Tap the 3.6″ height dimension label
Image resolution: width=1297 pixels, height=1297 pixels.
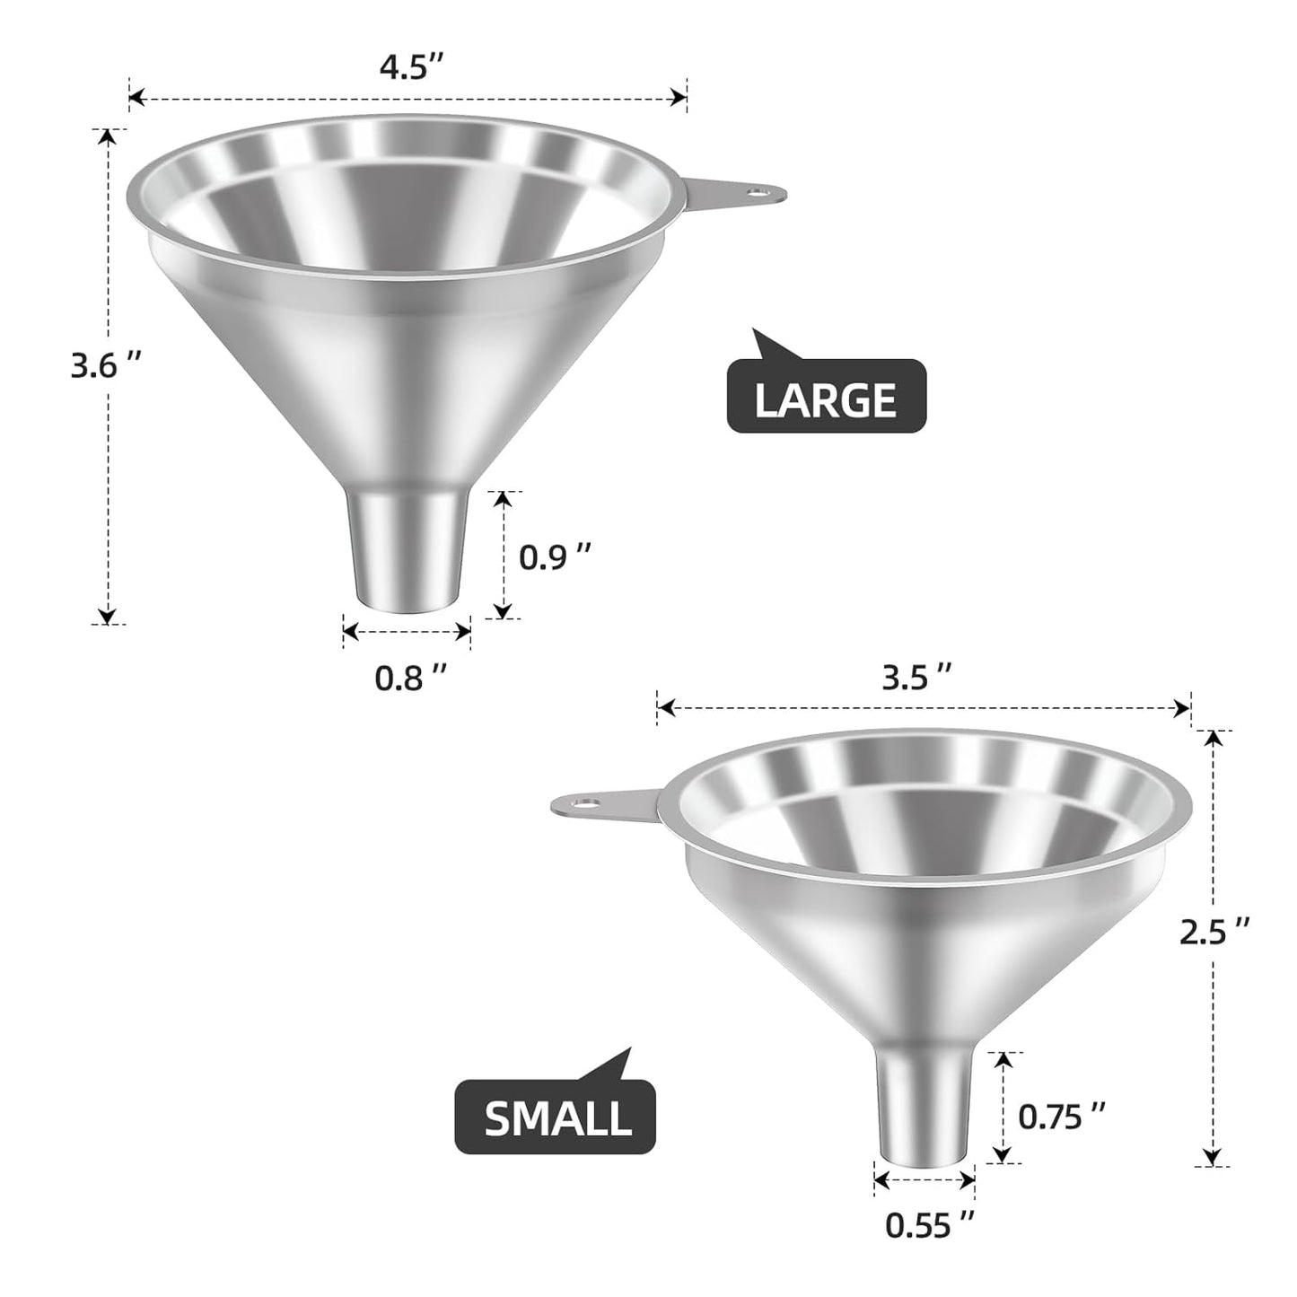click(107, 367)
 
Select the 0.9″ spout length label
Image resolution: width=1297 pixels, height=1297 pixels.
click(556, 556)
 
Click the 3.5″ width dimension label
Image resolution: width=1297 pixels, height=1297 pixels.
click(916, 678)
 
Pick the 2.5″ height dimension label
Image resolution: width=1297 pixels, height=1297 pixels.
click(1214, 934)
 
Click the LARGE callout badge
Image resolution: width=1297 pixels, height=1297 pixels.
click(826, 399)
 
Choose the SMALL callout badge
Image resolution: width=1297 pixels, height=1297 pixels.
click(556, 1117)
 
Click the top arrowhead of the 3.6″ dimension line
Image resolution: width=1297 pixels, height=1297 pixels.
click(107, 137)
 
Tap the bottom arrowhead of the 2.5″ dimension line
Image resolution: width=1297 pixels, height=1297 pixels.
click(1213, 1157)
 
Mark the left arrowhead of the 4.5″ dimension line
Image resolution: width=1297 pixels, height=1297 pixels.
click(136, 95)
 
